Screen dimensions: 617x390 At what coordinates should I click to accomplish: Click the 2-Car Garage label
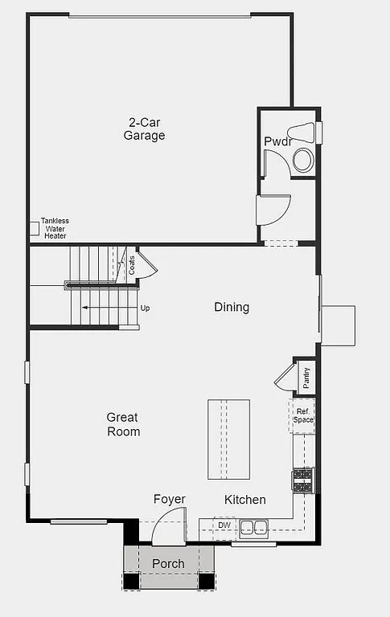pyautogui.click(x=144, y=129)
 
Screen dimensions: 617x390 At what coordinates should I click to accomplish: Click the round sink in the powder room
pyautogui.click(x=303, y=159)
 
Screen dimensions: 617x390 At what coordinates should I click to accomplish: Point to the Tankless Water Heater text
pyautogui.click(x=55, y=228)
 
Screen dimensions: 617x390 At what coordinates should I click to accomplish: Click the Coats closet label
pyautogui.click(x=132, y=264)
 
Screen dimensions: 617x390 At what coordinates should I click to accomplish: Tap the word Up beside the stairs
pyautogui.click(x=145, y=308)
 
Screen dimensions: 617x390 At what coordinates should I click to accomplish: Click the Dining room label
pyautogui.click(x=232, y=307)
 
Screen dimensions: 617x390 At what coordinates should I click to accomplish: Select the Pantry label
pyautogui.click(x=306, y=377)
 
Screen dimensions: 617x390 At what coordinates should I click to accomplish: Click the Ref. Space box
pyautogui.click(x=302, y=415)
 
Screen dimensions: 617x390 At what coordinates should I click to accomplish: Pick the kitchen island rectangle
pyautogui.click(x=228, y=439)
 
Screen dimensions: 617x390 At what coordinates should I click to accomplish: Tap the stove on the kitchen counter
pyautogui.click(x=302, y=479)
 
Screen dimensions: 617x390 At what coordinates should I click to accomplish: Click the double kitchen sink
pyautogui.click(x=255, y=528)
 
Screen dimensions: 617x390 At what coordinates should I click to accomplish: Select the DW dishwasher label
pyautogui.click(x=224, y=525)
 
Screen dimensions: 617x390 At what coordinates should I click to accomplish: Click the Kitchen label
pyautogui.click(x=244, y=500)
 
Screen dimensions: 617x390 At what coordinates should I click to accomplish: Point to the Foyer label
pyautogui.click(x=170, y=500)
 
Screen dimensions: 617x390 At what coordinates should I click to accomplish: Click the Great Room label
pyautogui.click(x=123, y=424)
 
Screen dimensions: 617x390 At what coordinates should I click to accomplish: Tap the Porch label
pyautogui.click(x=168, y=564)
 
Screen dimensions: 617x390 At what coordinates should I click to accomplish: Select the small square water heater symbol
pyautogui.click(x=35, y=229)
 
